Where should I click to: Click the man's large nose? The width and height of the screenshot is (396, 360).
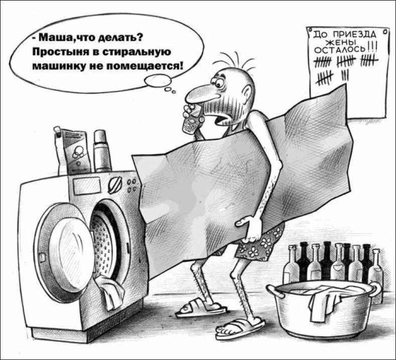coord(201,94)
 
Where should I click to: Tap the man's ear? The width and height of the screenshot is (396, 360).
coord(246,93)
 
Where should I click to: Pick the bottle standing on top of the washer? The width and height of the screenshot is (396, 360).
coord(102,151)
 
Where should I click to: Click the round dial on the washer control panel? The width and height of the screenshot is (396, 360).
coord(115,185)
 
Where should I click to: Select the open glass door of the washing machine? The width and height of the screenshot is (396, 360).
coord(64,253)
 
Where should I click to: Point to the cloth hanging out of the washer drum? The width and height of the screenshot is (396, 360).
coord(109,292)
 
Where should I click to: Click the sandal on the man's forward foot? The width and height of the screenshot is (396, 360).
coord(240,329)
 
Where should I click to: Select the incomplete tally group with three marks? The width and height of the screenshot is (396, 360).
coord(345,75)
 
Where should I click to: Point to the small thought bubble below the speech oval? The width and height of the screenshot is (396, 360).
coord(158,80)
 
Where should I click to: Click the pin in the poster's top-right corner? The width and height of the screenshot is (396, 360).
coord(385,32)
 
